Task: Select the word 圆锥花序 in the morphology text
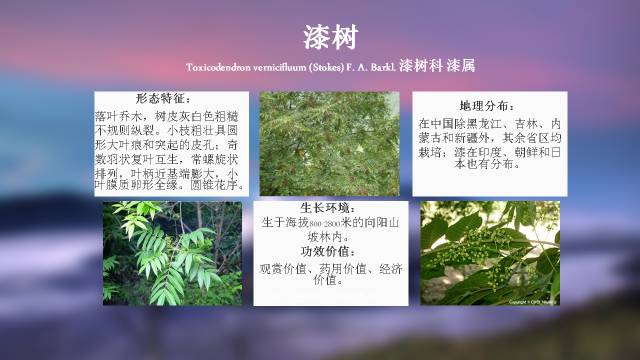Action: coord(221,185)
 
